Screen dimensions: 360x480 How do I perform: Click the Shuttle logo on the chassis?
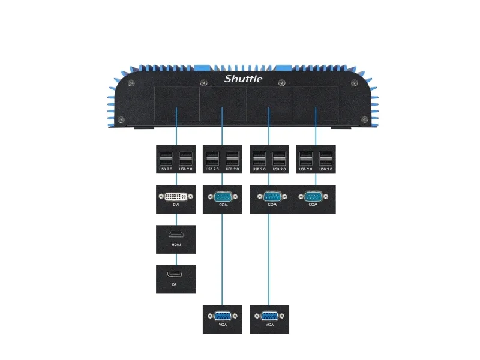point(243,79)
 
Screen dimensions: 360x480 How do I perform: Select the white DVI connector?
point(175,196)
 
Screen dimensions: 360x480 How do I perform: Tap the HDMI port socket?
point(175,236)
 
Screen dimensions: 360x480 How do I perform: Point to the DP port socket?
point(175,275)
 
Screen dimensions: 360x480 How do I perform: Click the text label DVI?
point(175,205)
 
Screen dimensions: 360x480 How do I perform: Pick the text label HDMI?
point(175,245)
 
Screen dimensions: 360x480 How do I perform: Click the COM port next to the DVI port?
point(223,196)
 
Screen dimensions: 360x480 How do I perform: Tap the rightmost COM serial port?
point(316,196)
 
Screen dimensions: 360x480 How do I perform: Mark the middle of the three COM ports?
point(269,196)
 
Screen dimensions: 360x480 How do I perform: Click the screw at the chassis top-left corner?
point(132,82)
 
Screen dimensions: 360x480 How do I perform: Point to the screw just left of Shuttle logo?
point(203,82)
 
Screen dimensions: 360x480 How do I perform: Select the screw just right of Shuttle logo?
point(282,82)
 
